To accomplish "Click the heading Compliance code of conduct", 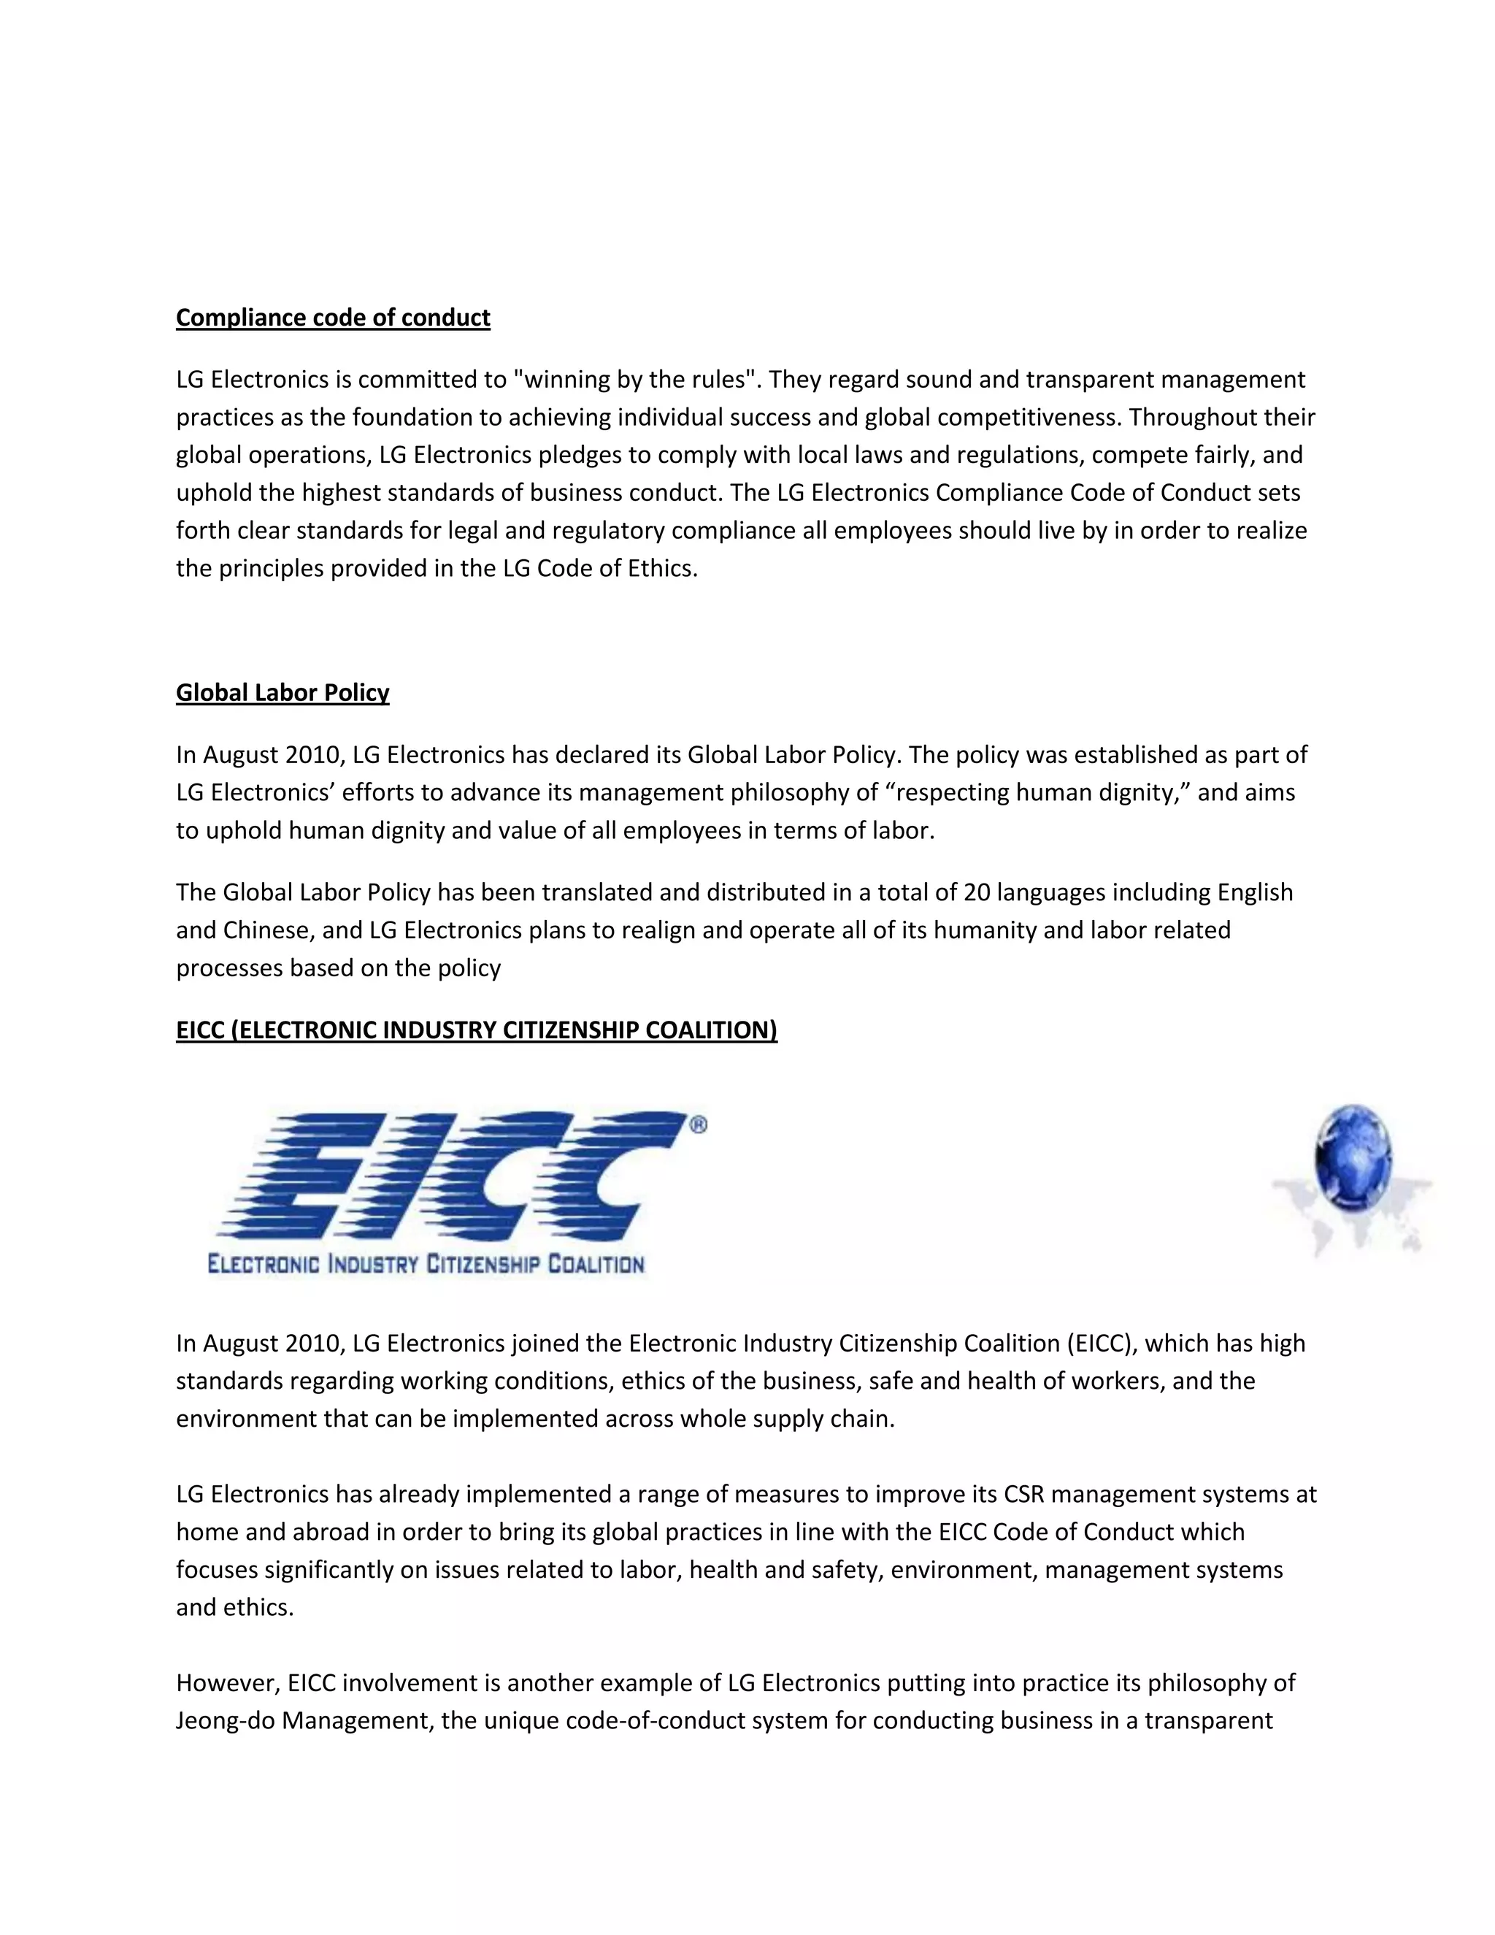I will [x=332, y=318].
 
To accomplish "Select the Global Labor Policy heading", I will [x=283, y=693].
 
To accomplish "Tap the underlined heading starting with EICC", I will [x=477, y=1030].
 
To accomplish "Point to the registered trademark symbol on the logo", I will [x=698, y=1125].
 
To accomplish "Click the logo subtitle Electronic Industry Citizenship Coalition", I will [x=426, y=1263].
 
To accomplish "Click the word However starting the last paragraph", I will [x=226, y=1682].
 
